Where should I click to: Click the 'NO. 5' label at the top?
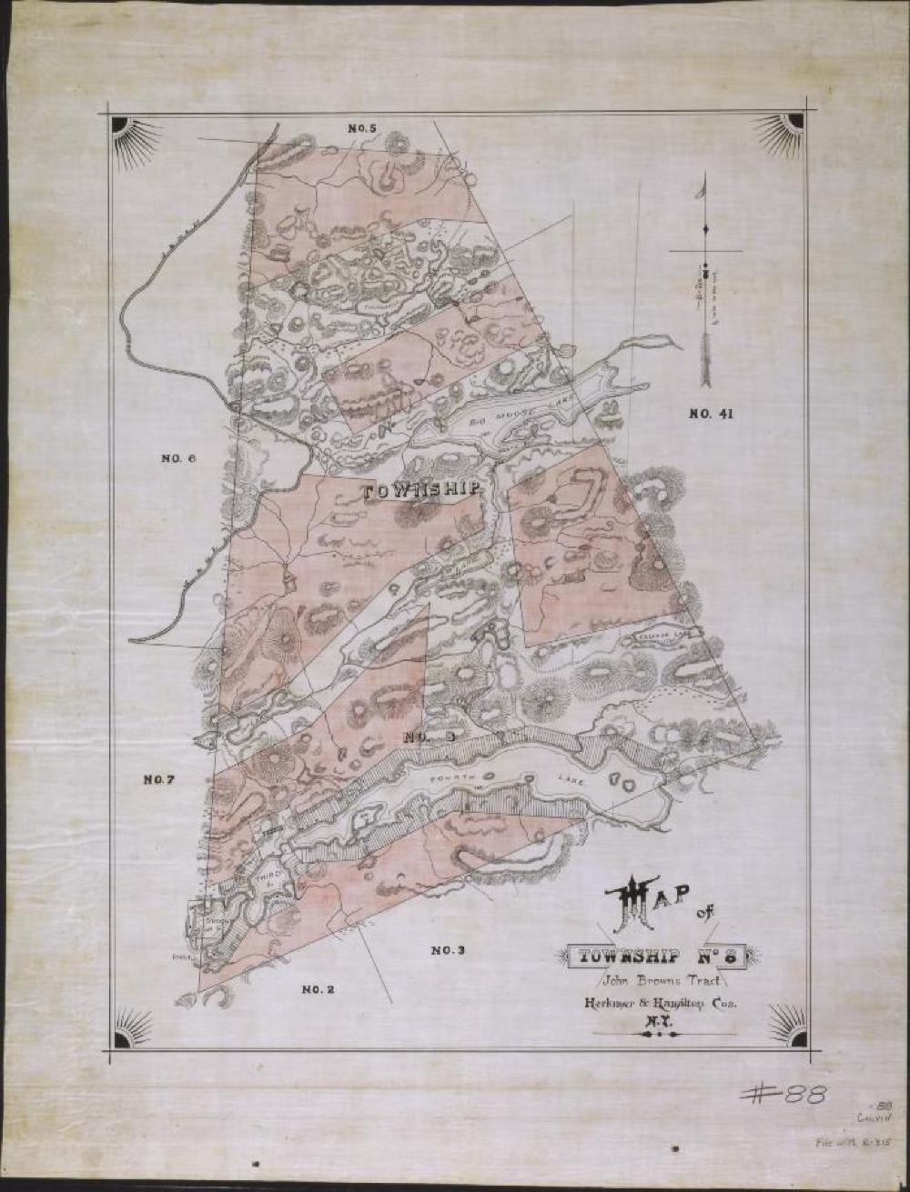[x=362, y=129]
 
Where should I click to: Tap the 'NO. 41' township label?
[x=711, y=415]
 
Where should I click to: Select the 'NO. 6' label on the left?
[x=178, y=458]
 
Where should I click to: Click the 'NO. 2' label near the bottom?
[x=318, y=988]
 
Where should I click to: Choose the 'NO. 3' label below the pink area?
[x=448, y=950]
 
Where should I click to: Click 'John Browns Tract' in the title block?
[x=660, y=980]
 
